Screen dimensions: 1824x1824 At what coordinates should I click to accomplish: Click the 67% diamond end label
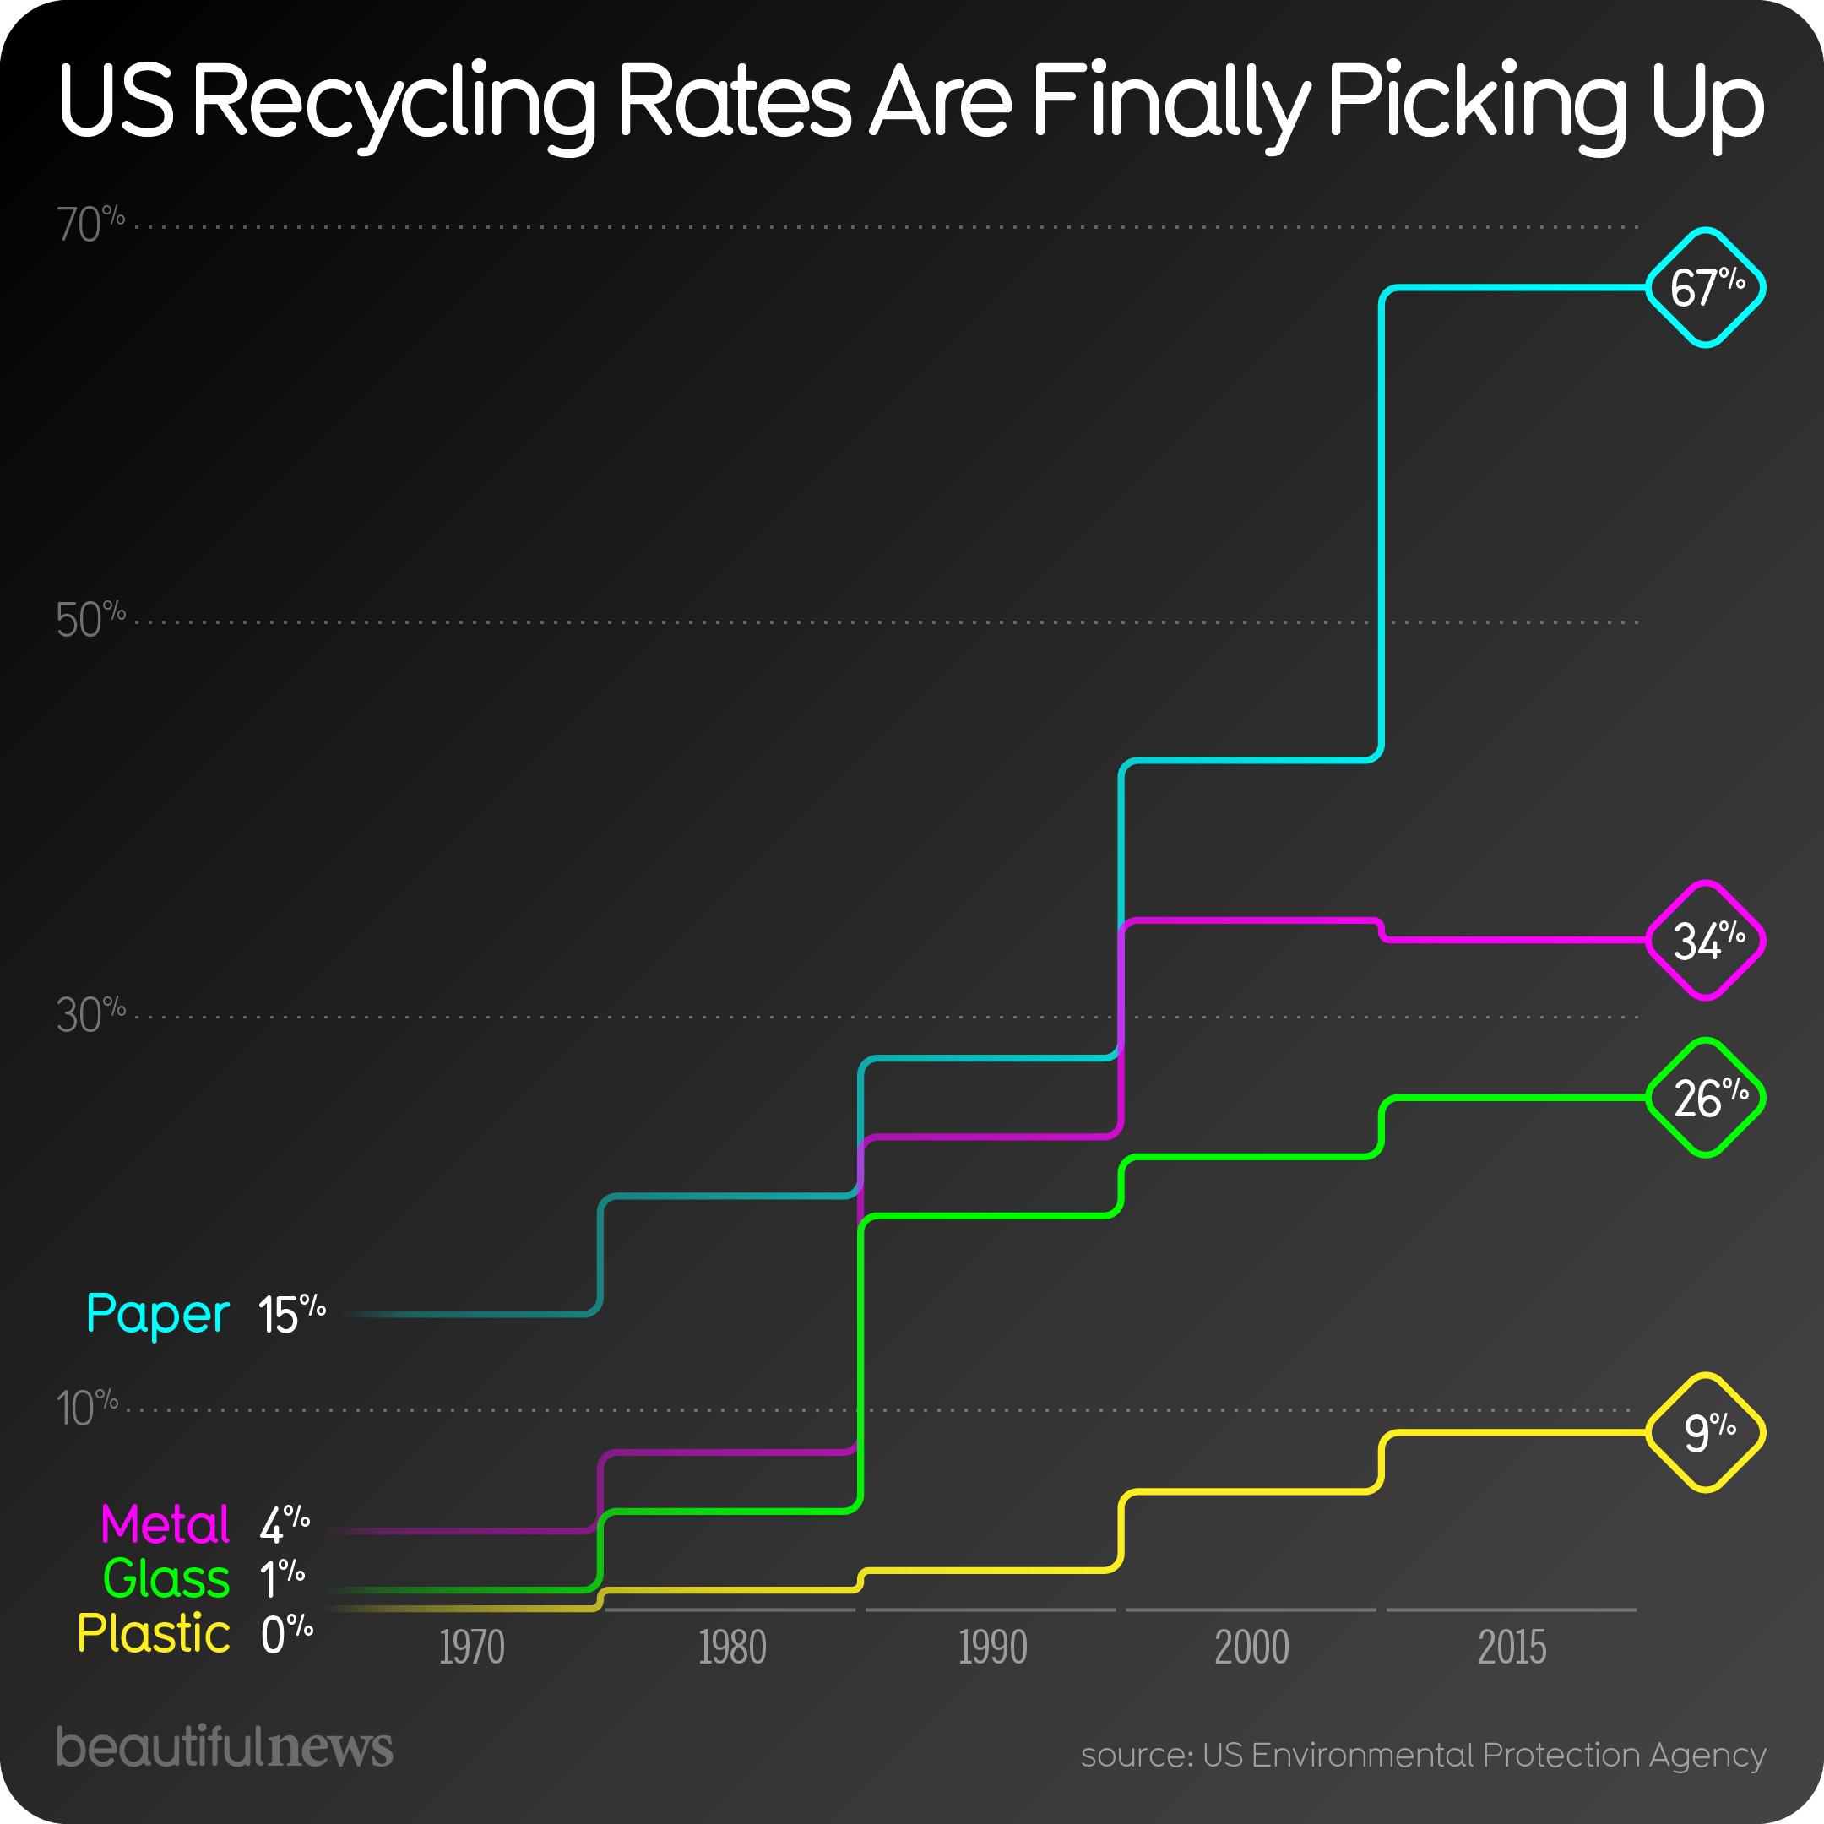point(1705,287)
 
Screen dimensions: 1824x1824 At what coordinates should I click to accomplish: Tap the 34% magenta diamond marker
point(1705,941)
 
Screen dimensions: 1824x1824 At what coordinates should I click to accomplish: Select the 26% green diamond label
point(1705,1098)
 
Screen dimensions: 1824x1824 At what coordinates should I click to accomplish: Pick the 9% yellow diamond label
point(1705,1432)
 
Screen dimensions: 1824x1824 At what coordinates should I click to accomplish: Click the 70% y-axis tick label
point(90,225)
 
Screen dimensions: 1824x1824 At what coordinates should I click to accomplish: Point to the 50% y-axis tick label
point(90,621)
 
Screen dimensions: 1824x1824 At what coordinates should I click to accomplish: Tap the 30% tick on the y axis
point(90,1015)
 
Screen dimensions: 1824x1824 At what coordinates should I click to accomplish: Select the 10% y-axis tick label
point(87,1409)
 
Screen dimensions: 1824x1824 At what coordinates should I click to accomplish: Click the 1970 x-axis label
point(471,1648)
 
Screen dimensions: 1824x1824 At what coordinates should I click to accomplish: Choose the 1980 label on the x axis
point(731,1648)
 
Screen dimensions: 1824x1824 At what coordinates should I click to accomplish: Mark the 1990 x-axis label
point(992,1648)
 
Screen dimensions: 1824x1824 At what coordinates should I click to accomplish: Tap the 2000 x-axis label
point(1251,1648)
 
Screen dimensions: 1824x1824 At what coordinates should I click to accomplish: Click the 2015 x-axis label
point(1512,1648)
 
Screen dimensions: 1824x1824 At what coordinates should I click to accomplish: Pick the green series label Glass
point(166,1579)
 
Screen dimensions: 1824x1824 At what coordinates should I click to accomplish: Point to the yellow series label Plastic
point(153,1634)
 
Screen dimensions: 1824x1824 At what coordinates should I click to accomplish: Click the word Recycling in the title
point(394,102)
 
